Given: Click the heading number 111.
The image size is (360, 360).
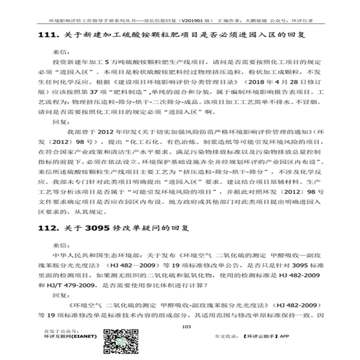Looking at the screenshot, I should [x=47, y=36].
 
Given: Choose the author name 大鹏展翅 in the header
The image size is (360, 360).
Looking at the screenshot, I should [x=252, y=21].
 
